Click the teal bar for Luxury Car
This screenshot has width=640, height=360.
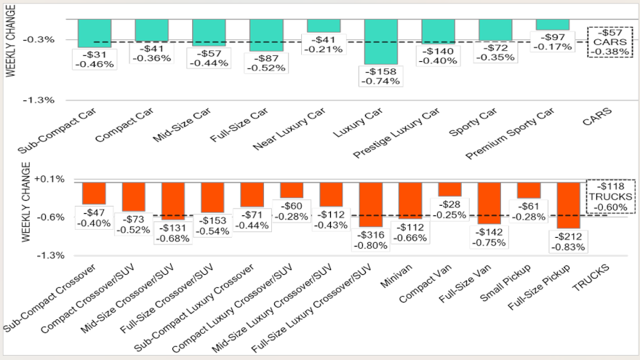pyautogui.click(x=381, y=41)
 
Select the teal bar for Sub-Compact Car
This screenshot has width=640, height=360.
pyautogui.click(x=94, y=33)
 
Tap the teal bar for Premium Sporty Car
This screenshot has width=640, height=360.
pyautogui.click(x=553, y=25)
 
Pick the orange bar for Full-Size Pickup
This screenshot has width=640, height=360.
pyautogui.click(x=568, y=205)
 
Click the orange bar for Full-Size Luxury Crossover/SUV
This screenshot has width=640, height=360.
pyautogui.click(x=371, y=204)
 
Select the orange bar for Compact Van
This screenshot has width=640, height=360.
pyautogui.click(x=449, y=189)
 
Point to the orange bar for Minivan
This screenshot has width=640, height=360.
pyautogui.click(x=410, y=200)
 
